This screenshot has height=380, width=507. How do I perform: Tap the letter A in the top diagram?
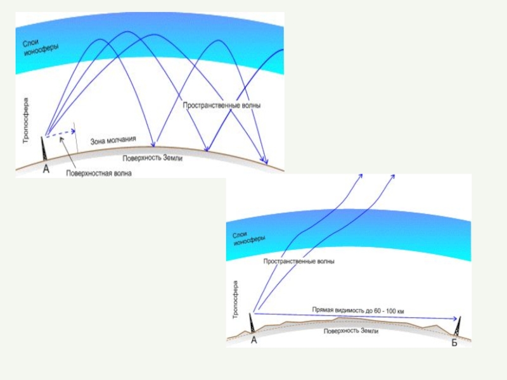[46, 168]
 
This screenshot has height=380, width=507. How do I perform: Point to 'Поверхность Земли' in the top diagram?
[153, 158]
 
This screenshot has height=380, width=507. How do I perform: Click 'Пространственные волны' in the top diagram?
[221, 105]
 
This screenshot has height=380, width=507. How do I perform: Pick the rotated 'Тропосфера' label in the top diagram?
[26, 120]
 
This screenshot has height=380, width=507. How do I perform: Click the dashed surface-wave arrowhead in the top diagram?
[73, 132]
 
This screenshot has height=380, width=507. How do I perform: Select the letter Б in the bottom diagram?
[454, 343]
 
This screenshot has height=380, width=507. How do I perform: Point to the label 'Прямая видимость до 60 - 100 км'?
[358, 310]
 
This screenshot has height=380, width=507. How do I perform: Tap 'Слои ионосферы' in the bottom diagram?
[249, 238]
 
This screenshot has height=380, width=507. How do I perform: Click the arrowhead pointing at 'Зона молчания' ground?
[157, 144]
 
